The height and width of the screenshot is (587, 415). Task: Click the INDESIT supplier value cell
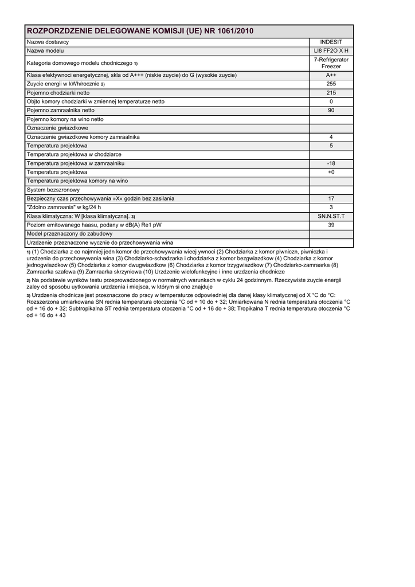pos(331,42)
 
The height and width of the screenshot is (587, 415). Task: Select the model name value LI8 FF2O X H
pos(331,51)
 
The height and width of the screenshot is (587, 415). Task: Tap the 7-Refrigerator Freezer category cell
pos(331,63)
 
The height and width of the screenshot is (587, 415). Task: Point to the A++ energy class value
pos(331,75)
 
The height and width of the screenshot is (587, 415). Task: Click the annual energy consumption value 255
pos(331,84)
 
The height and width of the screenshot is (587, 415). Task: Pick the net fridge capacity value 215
pos(331,93)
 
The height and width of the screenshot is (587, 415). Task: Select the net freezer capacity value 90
pos(331,111)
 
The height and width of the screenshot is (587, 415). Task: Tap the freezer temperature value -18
pos(331,163)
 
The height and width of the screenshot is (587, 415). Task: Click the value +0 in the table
pos(331,172)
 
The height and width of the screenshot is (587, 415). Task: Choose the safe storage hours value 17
pos(331,198)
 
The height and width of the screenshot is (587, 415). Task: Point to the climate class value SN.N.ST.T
pos(331,216)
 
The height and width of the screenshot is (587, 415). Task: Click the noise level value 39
pos(331,225)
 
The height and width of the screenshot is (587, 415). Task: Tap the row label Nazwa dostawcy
pos(48,42)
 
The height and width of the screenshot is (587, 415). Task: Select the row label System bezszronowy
pos(53,190)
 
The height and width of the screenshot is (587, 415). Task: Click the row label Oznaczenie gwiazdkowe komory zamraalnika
pos(83,137)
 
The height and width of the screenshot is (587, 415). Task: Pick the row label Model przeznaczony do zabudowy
pos(69,234)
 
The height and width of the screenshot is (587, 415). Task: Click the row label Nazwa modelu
pos(45,51)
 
